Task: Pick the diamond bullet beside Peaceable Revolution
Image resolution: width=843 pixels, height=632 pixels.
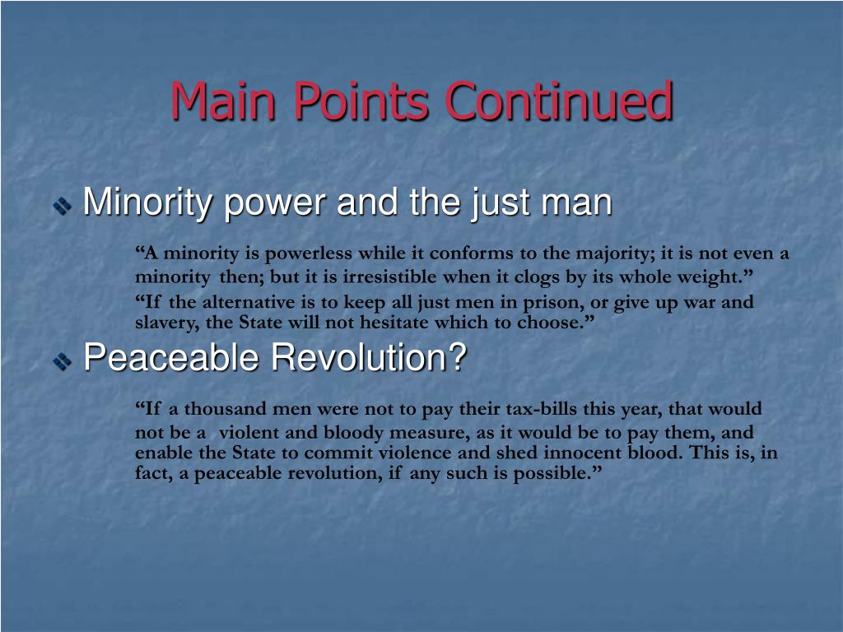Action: (63, 360)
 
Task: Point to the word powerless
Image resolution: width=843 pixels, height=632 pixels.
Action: (300, 253)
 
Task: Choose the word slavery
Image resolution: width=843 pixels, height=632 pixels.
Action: (165, 322)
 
